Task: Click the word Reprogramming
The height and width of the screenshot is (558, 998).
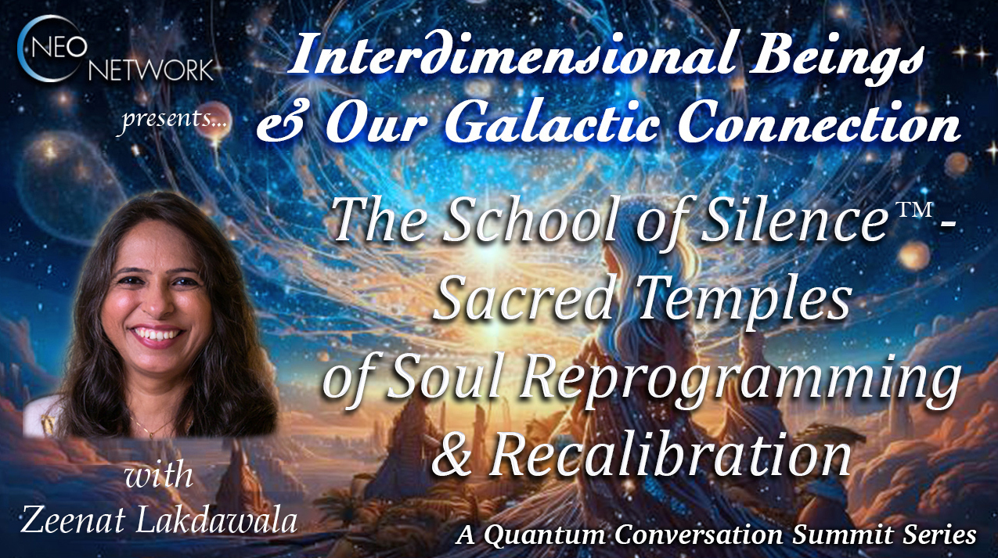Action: point(740,380)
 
